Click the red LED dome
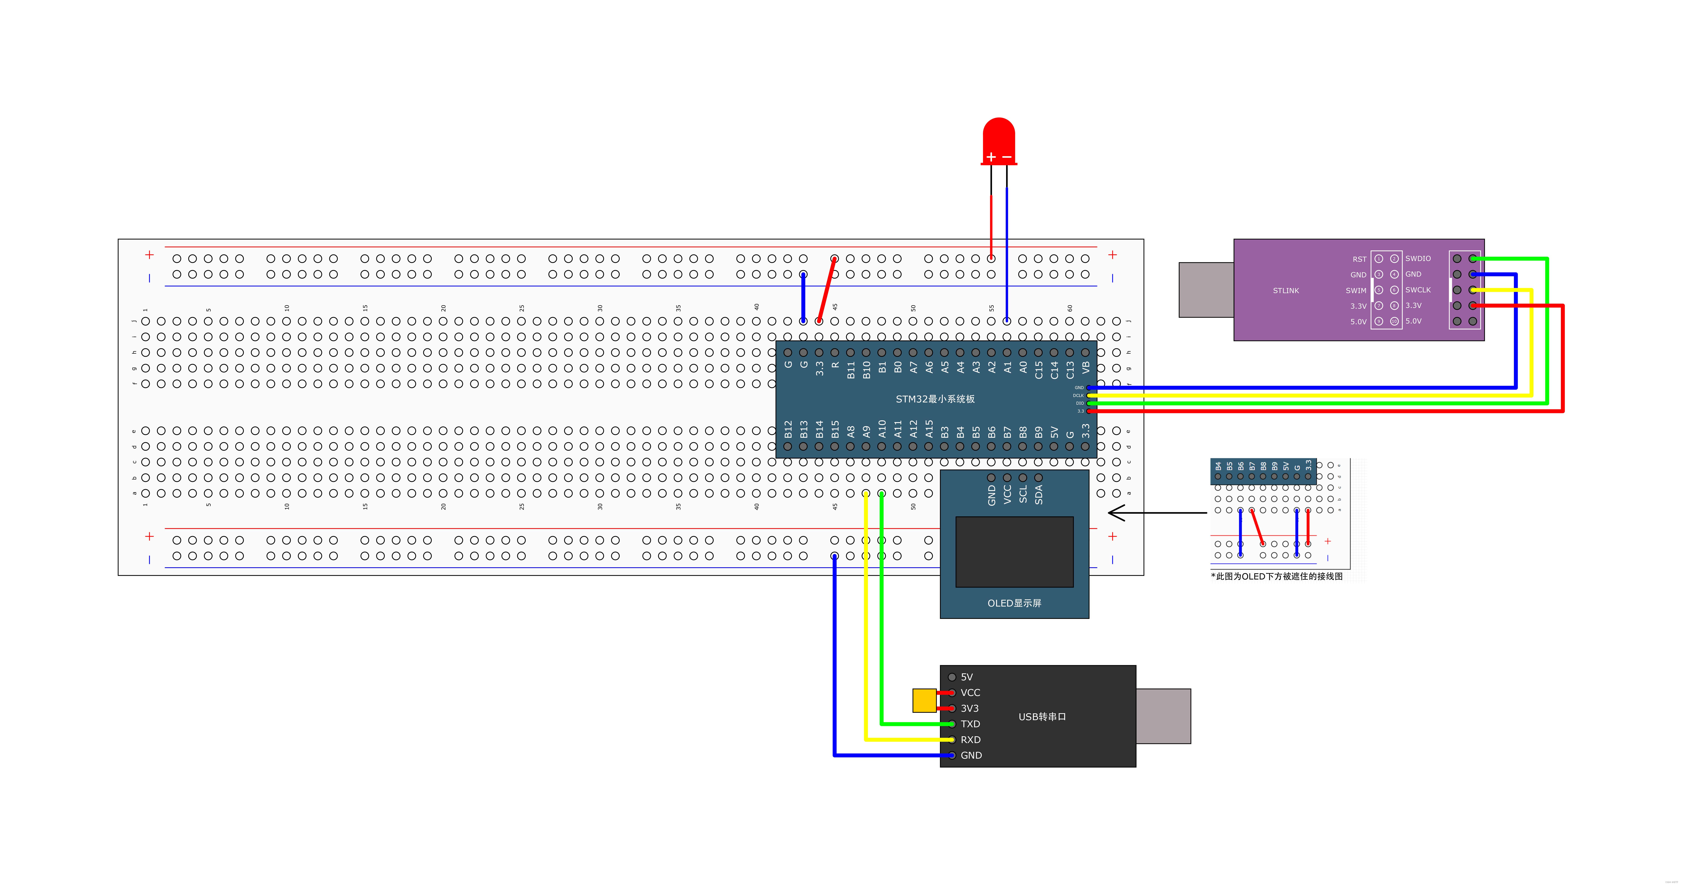point(998,138)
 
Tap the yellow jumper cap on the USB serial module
point(924,700)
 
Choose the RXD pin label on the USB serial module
point(970,739)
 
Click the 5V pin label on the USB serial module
point(966,677)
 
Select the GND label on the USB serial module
point(971,755)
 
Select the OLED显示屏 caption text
point(1014,603)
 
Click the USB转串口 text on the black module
point(1042,717)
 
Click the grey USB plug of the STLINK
point(1206,290)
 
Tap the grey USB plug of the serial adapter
point(1163,716)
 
